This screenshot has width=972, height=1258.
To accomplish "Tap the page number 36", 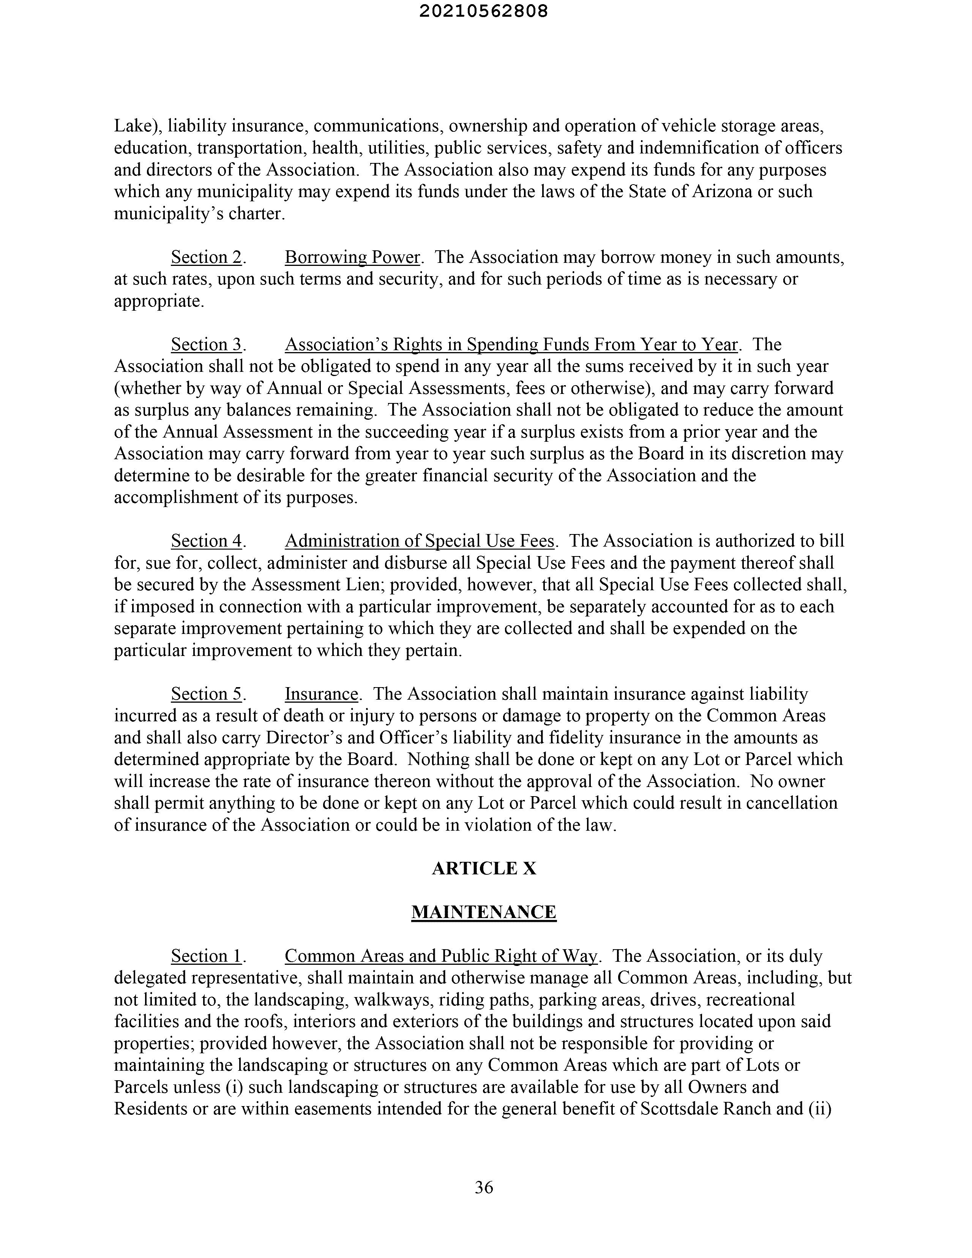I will coord(484,1187).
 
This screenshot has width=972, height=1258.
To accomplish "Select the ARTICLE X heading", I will coord(484,868).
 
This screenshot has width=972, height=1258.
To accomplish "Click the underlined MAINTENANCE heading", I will coord(484,912).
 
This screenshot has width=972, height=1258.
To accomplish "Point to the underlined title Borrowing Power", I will coord(352,257).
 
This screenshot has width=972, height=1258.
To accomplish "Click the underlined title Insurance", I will coord(321,694).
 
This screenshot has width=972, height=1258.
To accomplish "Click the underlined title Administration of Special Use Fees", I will coord(419,541).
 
